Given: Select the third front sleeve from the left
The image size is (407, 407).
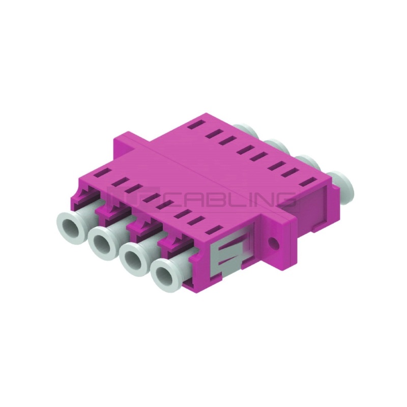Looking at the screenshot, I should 135,259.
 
